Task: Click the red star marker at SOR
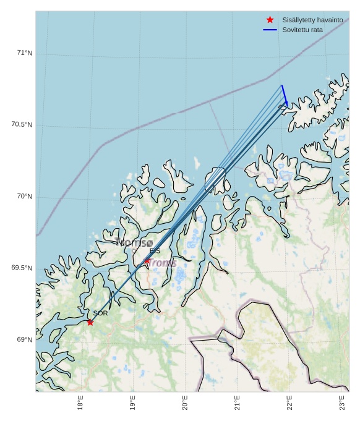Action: pyautogui.click(x=90, y=322)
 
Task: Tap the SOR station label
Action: pyautogui.click(x=100, y=313)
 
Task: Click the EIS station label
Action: pyautogui.click(x=155, y=251)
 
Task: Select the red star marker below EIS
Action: pyautogui.click(x=147, y=262)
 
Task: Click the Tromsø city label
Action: pyautogui.click(x=134, y=243)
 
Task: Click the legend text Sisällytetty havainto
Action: pyautogui.click(x=312, y=20)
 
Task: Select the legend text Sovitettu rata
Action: pyautogui.click(x=302, y=30)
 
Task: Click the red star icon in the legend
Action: pyautogui.click(x=270, y=20)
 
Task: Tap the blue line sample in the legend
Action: pyautogui.click(x=270, y=30)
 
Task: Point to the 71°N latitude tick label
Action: pyautogui.click(x=25, y=53)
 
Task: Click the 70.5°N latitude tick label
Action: pyautogui.click(x=22, y=124)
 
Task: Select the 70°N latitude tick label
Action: pyautogui.click(x=25, y=196)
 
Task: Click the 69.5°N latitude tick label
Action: pyautogui.click(x=22, y=268)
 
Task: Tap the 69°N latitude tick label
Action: pyautogui.click(x=25, y=339)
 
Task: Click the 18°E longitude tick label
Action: pyautogui.click(x=80, y=403)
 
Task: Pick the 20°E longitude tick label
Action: pyautogui.click(x=185, y=403)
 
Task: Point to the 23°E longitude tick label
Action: pyautogui.click(x=342, y=403)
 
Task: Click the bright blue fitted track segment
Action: pyautogui.click(x=285, y=94)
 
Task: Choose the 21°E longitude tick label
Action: pyautogui.click(x=238, y=403)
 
